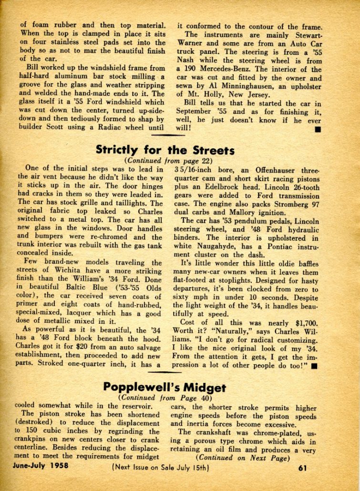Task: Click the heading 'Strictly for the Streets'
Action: coord(165,150)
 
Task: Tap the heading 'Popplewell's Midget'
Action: coord(165,387)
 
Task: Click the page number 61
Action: coord(302,467)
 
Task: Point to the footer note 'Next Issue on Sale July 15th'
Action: coord(161,467)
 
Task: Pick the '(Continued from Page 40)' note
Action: coord(165,397)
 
